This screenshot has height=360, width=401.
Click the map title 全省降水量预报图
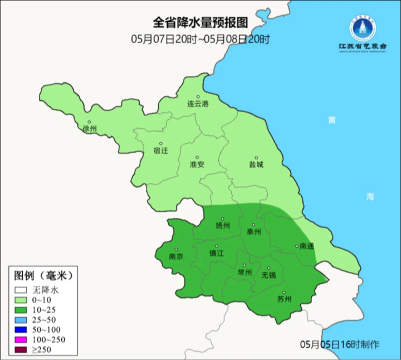pos(200,23)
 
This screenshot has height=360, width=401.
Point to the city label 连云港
pos(197,104)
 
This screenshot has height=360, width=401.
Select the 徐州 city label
pos(89,129)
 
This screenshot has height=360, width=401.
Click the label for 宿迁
pos(160,150)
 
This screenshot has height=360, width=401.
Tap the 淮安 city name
pos(197,164)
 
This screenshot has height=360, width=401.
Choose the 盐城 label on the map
pos(256,164)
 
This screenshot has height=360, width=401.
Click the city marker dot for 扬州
pos(222,219)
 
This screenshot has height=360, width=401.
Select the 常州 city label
pos(244,273)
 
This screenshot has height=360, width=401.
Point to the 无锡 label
pos(268,275)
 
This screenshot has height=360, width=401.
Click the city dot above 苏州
pos(283,293)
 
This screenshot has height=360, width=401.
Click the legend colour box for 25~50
pos(21,319)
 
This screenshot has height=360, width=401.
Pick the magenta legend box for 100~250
pos(21,339)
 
